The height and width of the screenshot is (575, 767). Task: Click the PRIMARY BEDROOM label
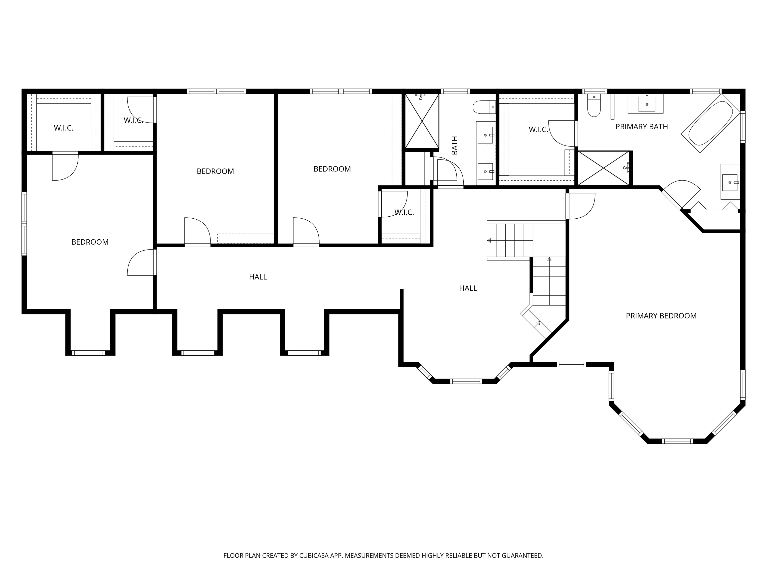tap(661, 316)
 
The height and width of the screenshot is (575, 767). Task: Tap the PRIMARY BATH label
tap(641, 127)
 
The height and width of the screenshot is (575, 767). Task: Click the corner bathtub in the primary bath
tap(710, 123)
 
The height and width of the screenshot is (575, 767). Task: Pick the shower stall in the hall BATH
tap(422, 121)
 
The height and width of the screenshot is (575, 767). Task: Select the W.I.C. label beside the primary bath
tap(538, 130)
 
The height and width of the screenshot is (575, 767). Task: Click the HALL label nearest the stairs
tap(468, 288)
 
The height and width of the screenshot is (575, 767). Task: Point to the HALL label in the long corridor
tap(258, 277)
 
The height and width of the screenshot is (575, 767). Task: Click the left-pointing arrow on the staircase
tap(489, 241)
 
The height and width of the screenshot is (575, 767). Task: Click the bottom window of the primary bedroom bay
tap(677, 441)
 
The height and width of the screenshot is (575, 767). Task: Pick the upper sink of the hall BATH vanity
tap(485, 135)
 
